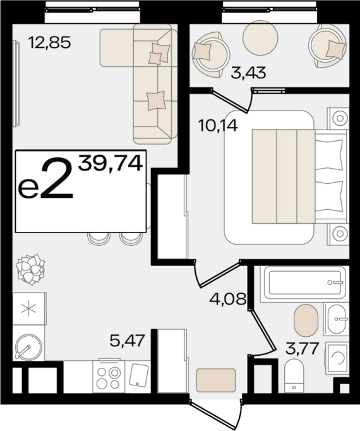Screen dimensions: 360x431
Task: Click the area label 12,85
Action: (x=50, y=42)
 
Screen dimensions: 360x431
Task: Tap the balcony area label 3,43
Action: (x=248, y=73)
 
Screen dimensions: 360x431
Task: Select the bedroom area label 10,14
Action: (x=218, y=126)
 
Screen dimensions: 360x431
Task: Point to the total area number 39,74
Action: (x=111, y=163)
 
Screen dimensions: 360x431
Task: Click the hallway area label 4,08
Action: (x=228, y=298)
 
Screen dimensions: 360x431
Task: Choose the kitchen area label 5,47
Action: (x=127, y=341)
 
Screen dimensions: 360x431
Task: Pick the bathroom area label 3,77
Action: (x=302, y=348)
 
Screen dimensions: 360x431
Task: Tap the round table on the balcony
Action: (x=260, y=38)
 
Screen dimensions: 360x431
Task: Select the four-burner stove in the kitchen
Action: (x=109, y=376)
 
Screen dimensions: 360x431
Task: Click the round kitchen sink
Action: (x=28, y=347)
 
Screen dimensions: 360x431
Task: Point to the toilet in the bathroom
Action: (x=294, y=376)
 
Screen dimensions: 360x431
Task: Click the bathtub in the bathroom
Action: (x=304, y=282)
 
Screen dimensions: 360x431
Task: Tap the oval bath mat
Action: (x=306, y=320)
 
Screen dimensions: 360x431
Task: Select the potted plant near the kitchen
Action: (x=30, y=269)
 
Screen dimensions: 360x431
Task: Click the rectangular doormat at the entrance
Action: (x=216, y=380)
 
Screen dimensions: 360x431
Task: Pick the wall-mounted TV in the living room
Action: (x=16, y=83)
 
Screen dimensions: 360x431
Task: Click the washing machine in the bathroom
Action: (x=337, y=358)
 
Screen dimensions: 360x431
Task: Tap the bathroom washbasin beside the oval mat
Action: (x=337, y=319)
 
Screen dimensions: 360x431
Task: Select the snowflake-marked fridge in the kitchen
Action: (x=29, y=308)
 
